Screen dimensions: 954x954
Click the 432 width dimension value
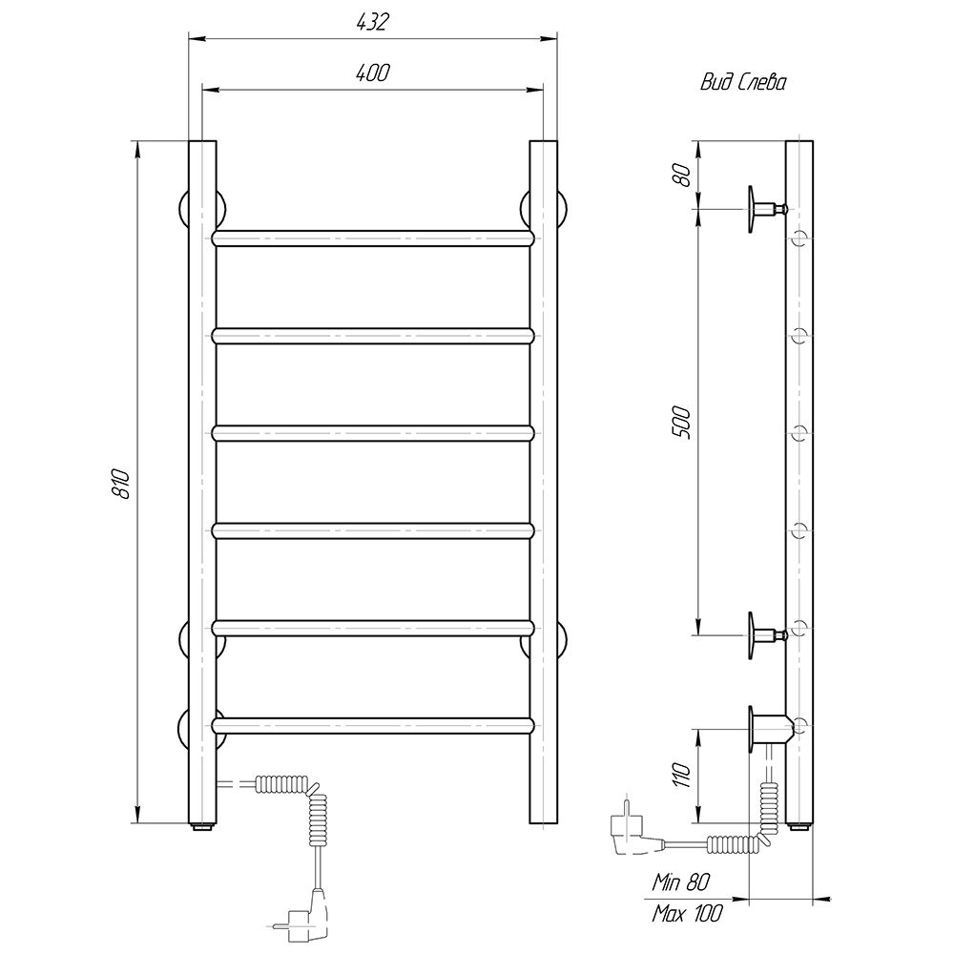372,22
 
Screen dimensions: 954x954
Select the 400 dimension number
372,73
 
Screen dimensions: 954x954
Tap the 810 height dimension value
121,484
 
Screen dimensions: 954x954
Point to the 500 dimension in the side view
682,423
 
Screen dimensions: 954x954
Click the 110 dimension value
682,775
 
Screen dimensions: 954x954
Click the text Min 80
681,882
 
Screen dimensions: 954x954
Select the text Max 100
687,913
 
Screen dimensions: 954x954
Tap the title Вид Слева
743,82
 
